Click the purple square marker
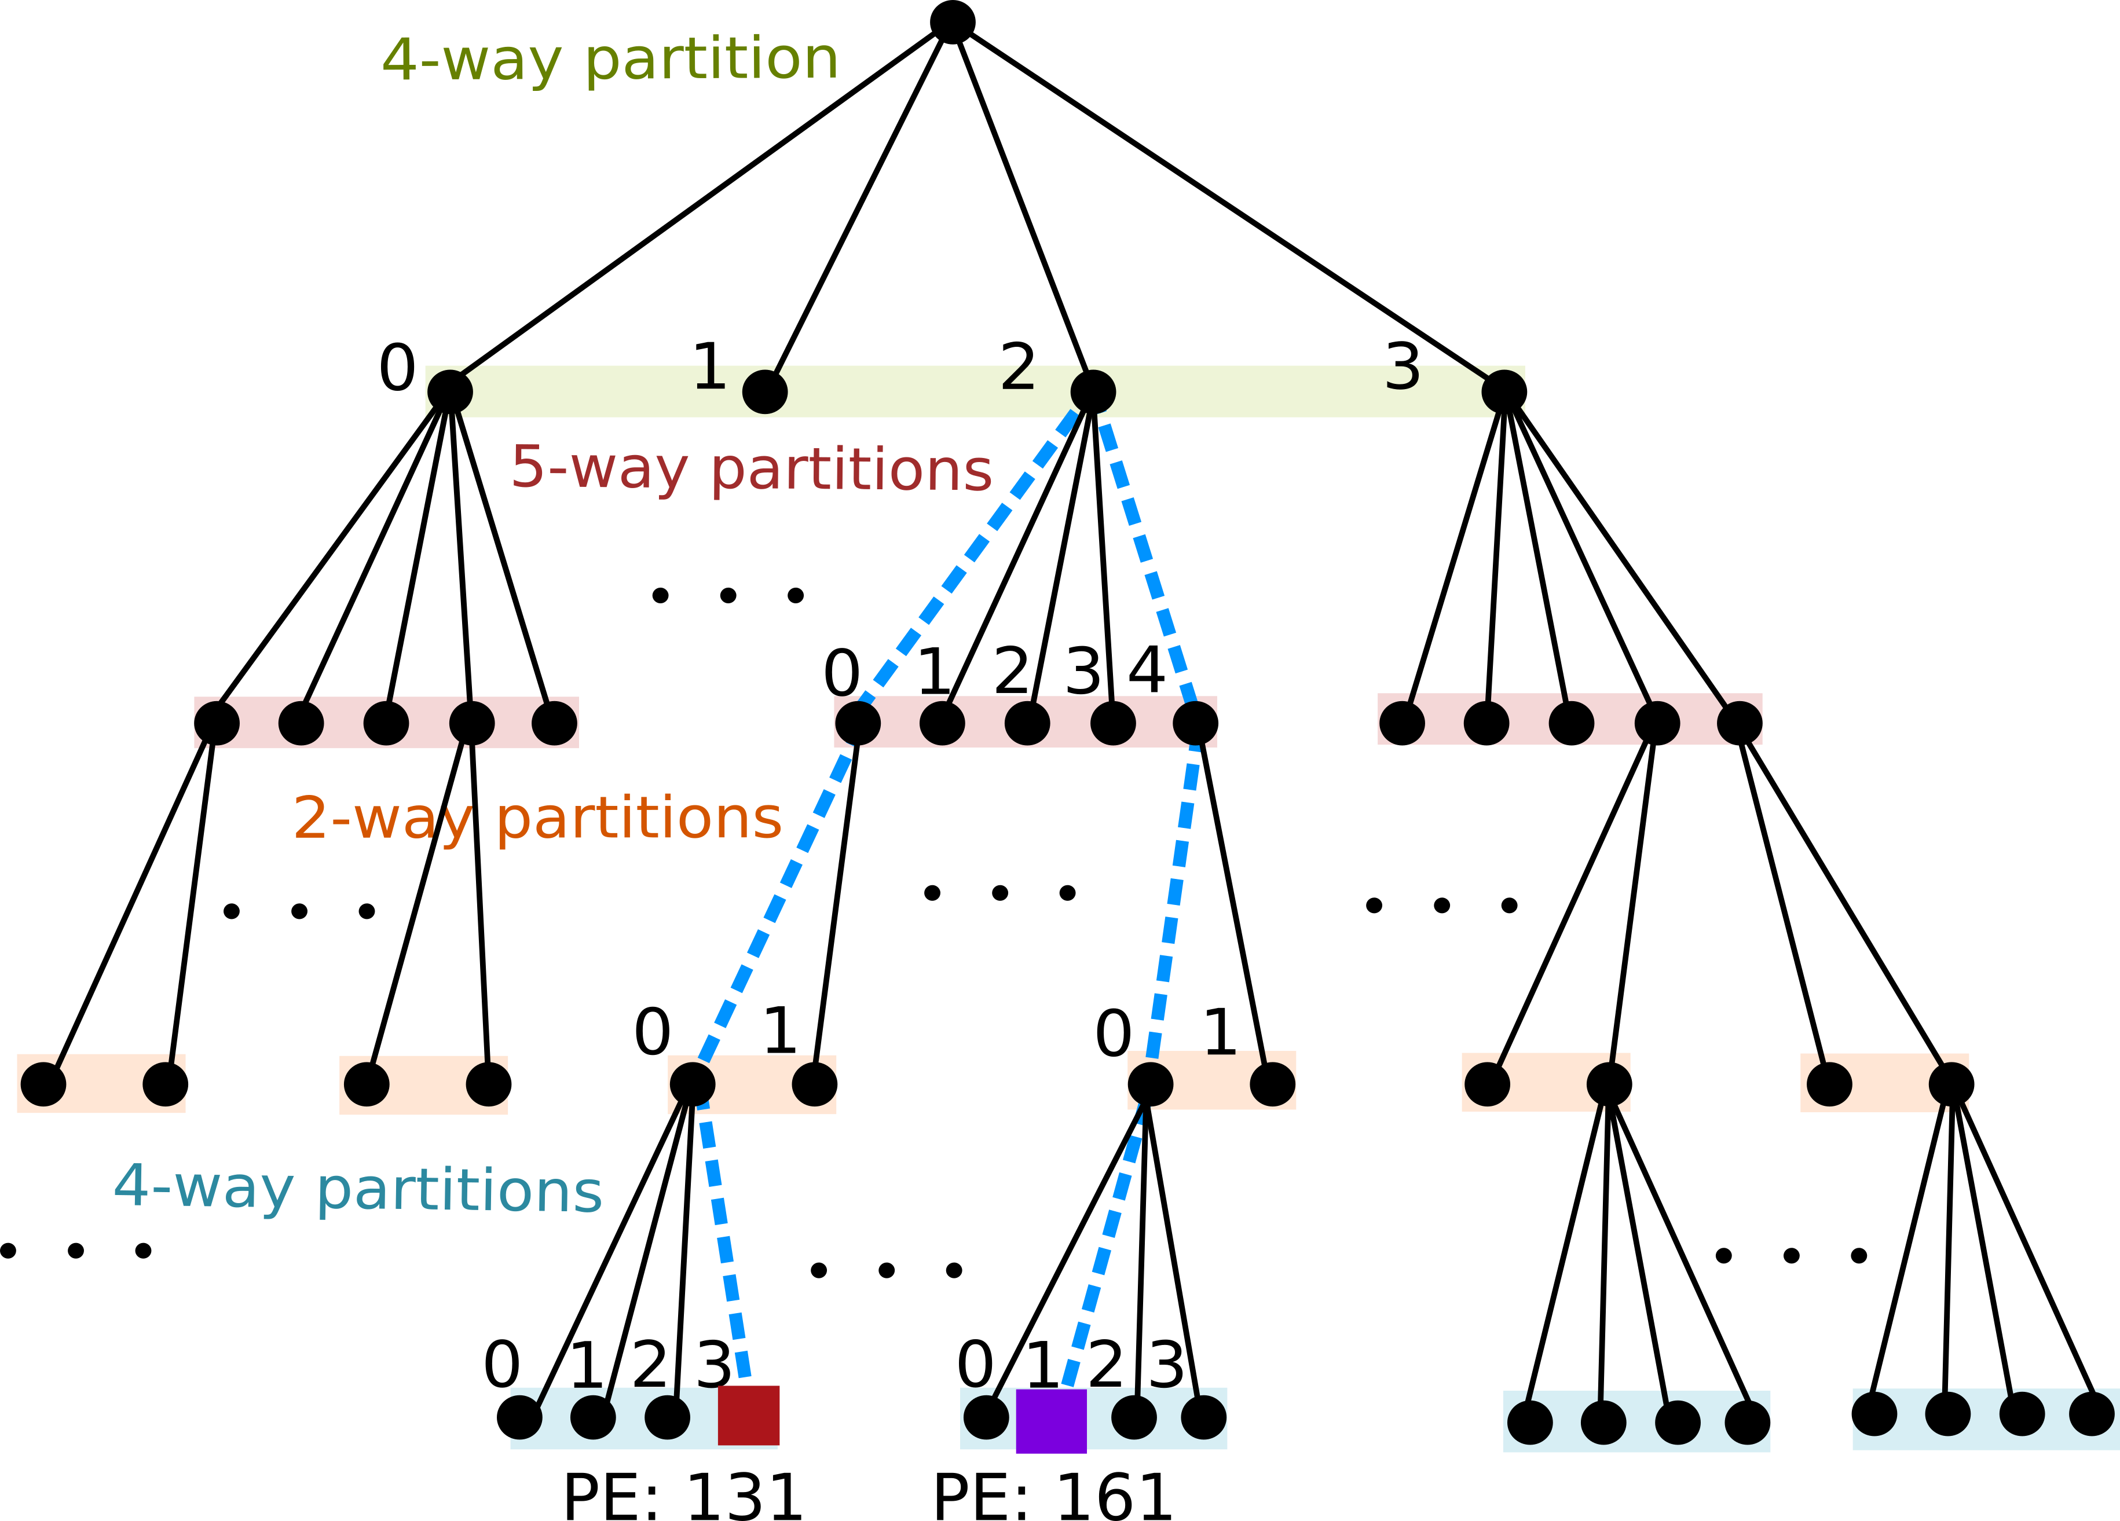pos(1050,1420)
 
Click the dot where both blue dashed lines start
pos(1093,391)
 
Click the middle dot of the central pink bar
pos(1027,723)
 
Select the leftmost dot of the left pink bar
pos(217,723)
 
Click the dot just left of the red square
pos(668,1417)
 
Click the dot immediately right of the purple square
pos(1134,1417)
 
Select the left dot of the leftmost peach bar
pos(43,1083)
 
